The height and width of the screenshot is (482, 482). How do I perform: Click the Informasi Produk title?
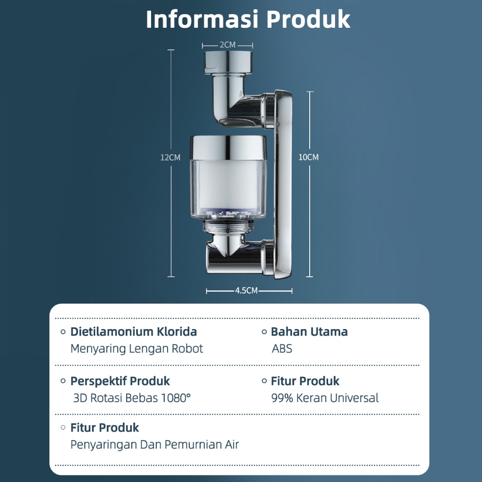coord(248,20)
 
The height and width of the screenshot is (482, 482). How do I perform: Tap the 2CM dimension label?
coord(227,45)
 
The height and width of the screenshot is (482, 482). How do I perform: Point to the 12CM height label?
coord(170,158)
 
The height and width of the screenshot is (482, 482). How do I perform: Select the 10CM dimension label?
coord(308,157)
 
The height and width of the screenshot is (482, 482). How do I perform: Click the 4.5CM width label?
coord(246,291)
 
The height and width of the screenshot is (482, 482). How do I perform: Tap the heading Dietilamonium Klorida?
coord(134,332)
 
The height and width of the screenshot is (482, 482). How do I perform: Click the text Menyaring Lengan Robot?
coord(137,349)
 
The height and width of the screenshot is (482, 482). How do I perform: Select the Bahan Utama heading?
coord(309,332)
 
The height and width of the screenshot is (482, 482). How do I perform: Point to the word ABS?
coord(282,349)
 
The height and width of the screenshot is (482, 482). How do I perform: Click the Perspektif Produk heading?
coord(120,381)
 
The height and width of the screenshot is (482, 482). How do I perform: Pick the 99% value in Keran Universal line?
coord(282,398)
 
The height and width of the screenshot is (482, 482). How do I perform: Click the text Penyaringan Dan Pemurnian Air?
coord(155,444)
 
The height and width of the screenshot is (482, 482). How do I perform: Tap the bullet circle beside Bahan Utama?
coord(265,332)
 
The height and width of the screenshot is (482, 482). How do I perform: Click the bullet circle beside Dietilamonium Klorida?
coord(63,332)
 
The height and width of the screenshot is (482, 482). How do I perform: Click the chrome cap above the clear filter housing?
coord(228,147)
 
